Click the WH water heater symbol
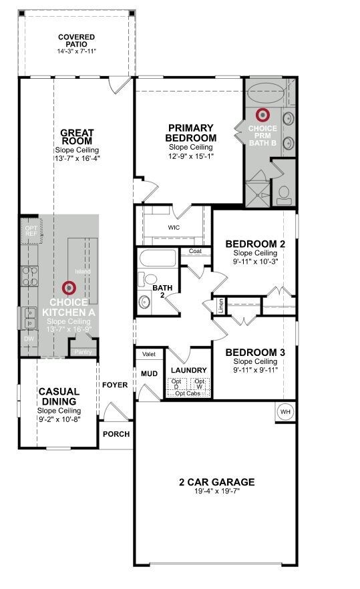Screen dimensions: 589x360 point(286,412)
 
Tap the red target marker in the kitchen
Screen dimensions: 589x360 point(68,288)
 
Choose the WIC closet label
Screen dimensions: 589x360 point(174,228)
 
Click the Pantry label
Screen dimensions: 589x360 point(83,352)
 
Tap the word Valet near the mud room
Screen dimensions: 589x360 point(149,355)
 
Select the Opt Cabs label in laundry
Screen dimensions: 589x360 point(189,393)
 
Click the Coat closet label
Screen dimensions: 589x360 point(195,252)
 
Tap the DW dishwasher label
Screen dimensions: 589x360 point(28,339)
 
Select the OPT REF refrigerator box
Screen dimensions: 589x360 point(31,231)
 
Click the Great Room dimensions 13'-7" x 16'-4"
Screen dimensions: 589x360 point(77,159)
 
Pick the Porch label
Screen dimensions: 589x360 point(116,434)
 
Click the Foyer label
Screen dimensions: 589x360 point(115,385)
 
